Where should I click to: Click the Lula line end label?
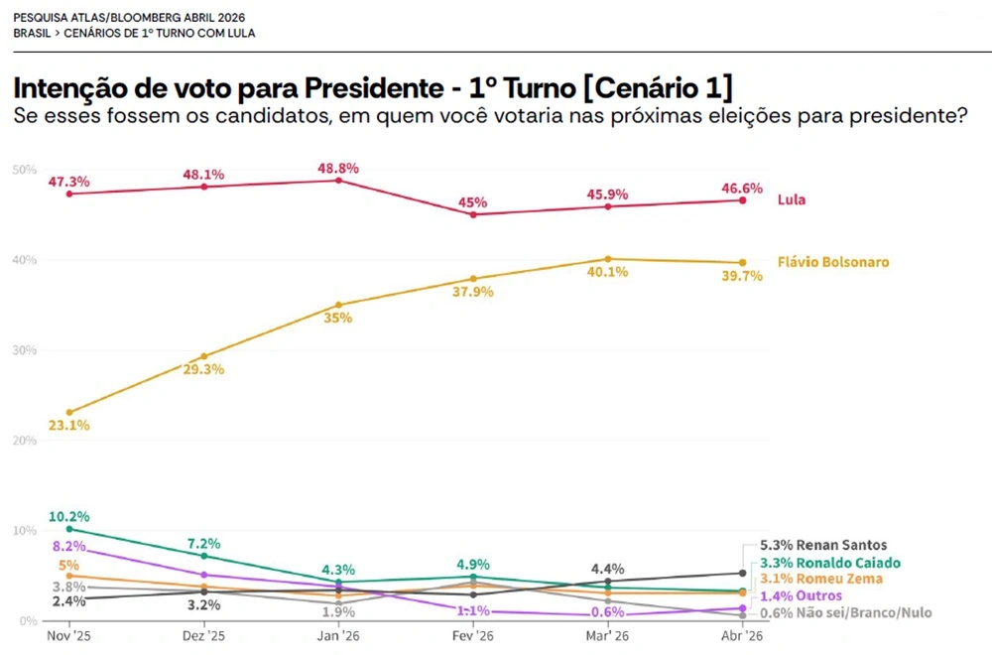pyautogui.click(x=791, y=199)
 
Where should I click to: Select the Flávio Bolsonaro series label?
pyautogui.click(x=832, y=262)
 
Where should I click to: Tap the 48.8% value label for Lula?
pyautogui.click(x=339, y=168)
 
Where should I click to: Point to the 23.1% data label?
pyautogui.click(x=69, y=425)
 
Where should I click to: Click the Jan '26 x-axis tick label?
pyautogui.click(x=338, y=636)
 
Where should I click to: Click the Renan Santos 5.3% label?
pyautogui.click(x=823, y=545)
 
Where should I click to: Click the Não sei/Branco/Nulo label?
pyautogui.click(x=846, y=612)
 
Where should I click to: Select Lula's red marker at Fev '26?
pyautogui.click(x=473, y=214)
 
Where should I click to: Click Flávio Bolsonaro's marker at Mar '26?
pyautogui.click(x=608, y=259)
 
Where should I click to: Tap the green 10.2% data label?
pyautogui.click(x=69, y=516)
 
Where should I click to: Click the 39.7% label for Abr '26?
pyautogui.click(x=742, y=277)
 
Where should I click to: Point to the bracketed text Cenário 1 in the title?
pyautogui.click(x=658, y=87)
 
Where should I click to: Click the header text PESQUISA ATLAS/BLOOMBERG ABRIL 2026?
pyautogui.click(x=129, y=18)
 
